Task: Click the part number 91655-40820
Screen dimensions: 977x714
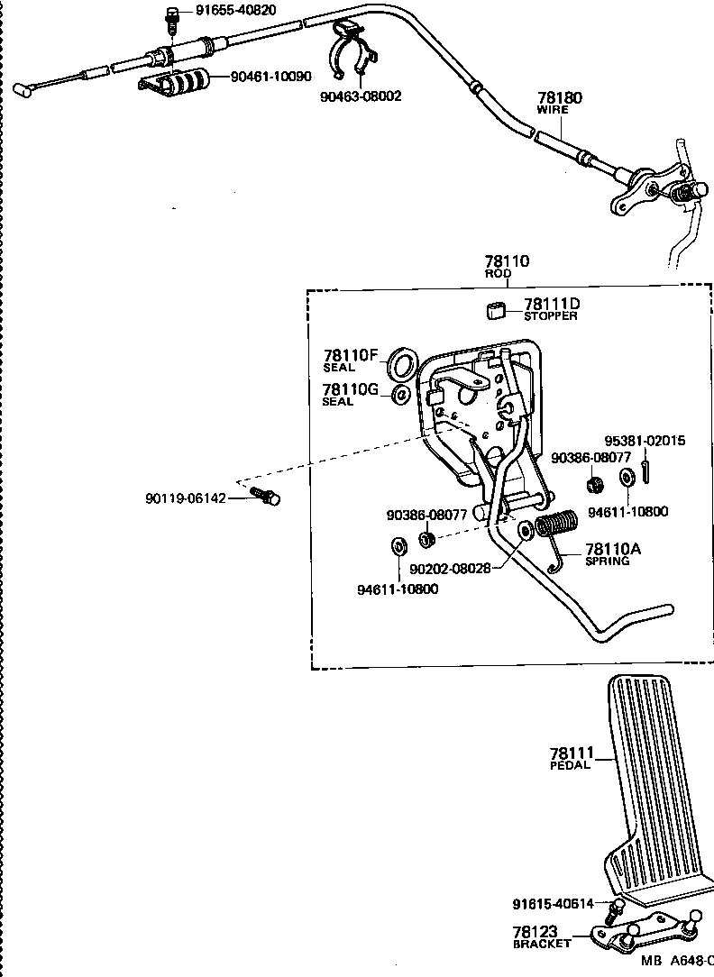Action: click(x=235, y=11)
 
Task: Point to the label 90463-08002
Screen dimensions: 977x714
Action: click(x=361, y=96)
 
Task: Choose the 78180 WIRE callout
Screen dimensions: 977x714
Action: click(x=559, y=102)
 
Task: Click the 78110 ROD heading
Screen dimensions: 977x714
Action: click(x=506, y=265)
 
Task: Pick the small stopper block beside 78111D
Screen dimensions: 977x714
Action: click(x=493, y=310)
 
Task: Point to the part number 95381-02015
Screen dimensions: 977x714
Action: click(x=644, y=441)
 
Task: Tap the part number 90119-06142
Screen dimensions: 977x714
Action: click(x=185, y=498)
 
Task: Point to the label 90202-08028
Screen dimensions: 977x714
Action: click(x=450, y=569)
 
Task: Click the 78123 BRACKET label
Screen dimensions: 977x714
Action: click(x=542, y=936)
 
